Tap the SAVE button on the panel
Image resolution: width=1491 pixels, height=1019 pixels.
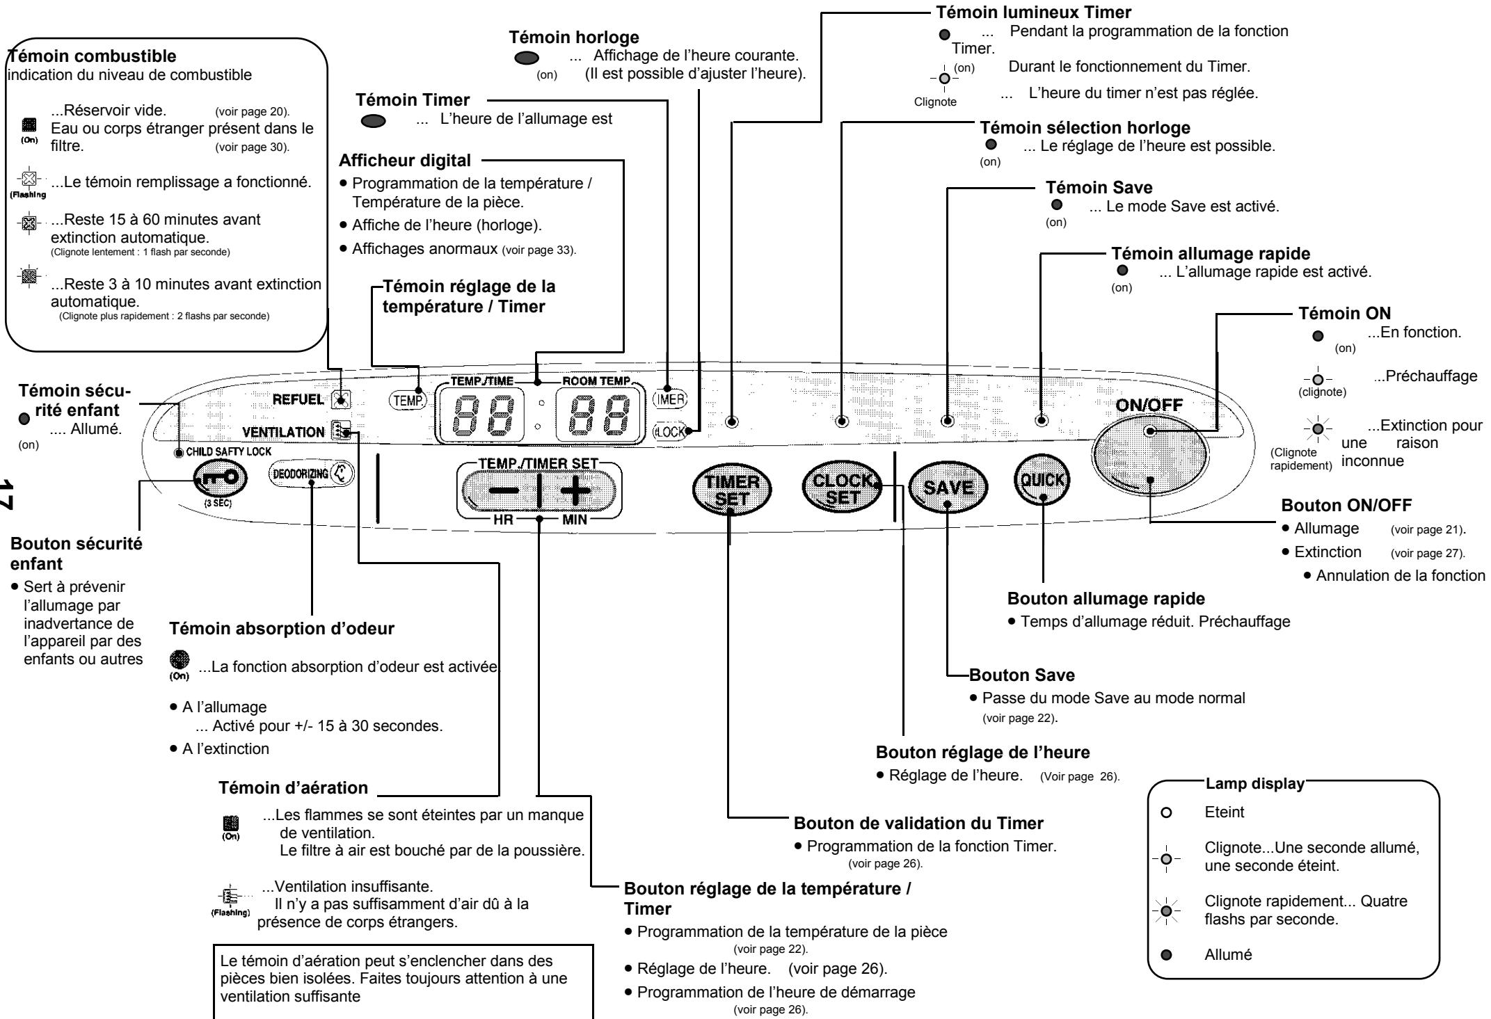click(x=948, y=488)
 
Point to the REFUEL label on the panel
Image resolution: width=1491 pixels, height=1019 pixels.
click(x=300, y=399)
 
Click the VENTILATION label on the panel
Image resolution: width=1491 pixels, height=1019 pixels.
click(x=283, y=432)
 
